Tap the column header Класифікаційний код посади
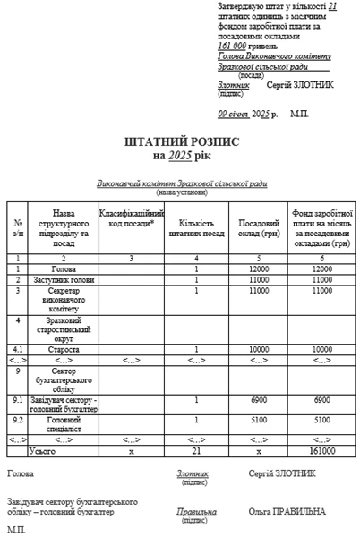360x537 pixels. click(x=131, y=220)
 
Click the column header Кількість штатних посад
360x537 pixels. click(x=196, y=226)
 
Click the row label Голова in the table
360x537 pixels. click(x=64, y=268)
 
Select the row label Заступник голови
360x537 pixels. click(x=64, y=279)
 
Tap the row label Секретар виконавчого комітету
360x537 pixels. click(x=64, y=299)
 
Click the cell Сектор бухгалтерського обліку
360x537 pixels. click(x=64, y=379)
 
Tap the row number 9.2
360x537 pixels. click(x=18, y=417)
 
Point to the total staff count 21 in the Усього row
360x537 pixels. click(x=196, y=451)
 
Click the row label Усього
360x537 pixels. click(x=64, y=451)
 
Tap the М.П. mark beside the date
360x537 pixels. click(x=299, y=115)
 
